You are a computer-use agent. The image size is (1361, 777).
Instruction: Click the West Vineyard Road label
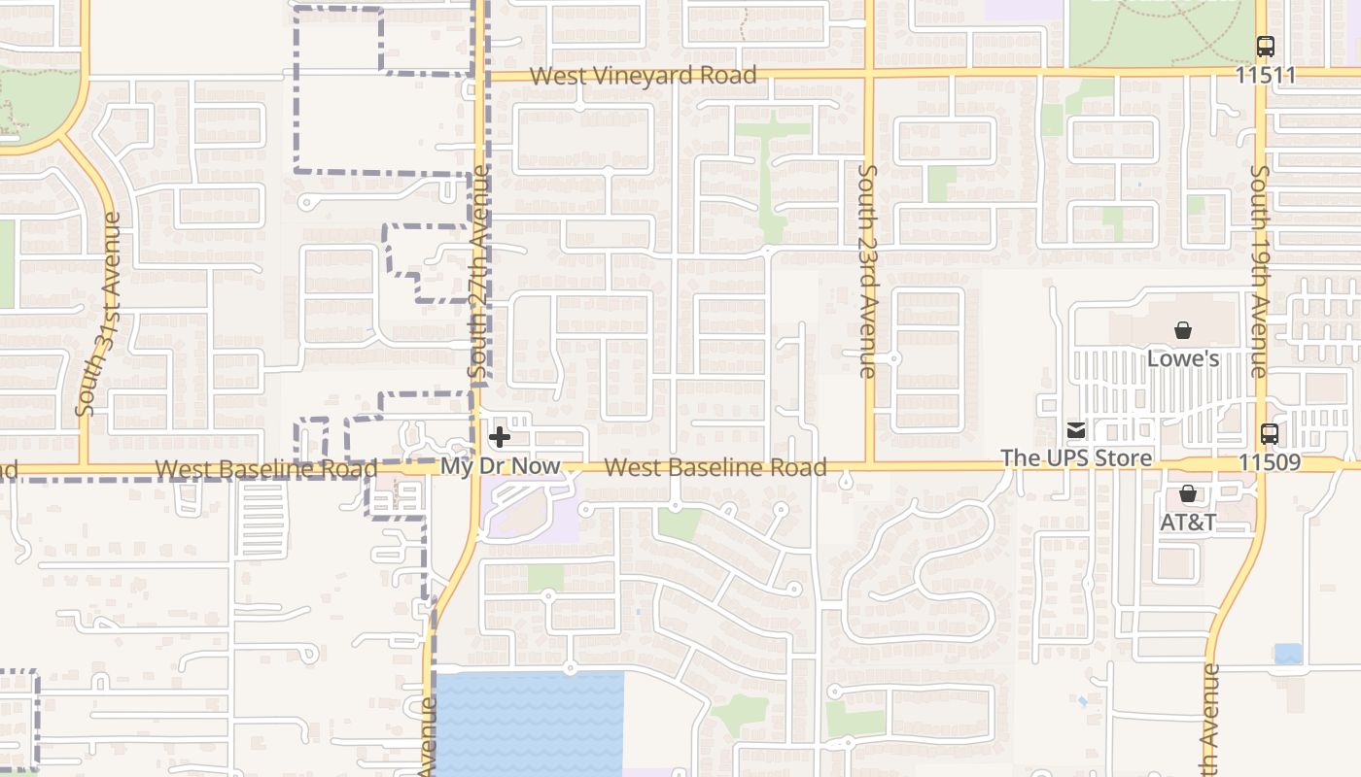[643, 76]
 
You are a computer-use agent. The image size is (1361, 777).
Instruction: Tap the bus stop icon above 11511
[1265, 47]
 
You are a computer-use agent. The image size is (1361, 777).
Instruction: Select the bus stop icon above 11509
[1270, 434]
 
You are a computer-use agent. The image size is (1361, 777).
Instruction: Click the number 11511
[1266, 75]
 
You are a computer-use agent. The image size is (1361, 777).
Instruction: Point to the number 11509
[1270, 462]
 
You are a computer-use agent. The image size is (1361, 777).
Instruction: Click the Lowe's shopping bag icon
[1183, 330]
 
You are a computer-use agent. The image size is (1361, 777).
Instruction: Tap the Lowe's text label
[1183, 358]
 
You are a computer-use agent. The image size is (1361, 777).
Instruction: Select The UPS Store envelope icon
[1076, 430]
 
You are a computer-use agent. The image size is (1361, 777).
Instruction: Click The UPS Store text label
[1076, 457]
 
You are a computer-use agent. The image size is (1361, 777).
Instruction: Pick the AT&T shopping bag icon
[1187, 493]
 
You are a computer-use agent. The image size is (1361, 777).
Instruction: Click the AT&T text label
[1188, 522]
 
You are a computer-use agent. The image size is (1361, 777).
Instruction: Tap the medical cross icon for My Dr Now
[500, 437]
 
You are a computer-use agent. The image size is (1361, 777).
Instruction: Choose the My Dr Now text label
[501, 466]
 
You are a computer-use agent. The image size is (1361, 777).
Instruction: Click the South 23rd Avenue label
[867, 271]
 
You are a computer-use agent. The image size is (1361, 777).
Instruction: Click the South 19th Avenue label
[1259, 272]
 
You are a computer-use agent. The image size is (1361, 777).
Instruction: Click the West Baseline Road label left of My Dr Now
[265, 469]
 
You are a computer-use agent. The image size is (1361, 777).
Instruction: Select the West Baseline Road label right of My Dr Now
[715, 467]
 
